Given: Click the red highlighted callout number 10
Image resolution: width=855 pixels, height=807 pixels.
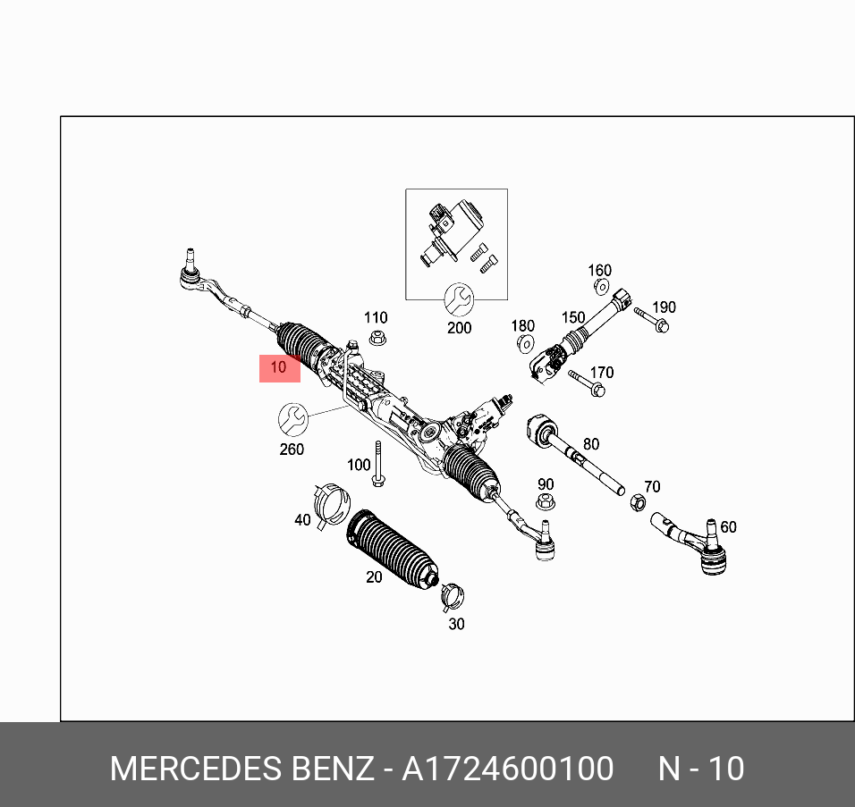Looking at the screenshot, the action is coord(279,367).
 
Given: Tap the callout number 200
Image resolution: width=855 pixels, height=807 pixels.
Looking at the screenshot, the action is coord(459,328).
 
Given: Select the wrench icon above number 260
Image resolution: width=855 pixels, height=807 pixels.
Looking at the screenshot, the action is coord(292,417).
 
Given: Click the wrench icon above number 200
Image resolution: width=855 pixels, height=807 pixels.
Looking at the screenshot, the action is coord(459,298).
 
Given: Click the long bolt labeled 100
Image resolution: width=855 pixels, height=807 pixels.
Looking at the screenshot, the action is coord(379,465).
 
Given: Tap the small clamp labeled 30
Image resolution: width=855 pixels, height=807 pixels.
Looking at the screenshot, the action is coord(452,593).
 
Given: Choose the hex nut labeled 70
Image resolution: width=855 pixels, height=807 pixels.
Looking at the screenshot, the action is coord(638,502).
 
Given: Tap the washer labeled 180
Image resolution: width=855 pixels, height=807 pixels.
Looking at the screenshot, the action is coord(526,344).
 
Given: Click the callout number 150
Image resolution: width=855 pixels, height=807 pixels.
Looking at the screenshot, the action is coord(573,318).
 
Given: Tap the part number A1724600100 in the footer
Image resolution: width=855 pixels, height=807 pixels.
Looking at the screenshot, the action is coord(508,769).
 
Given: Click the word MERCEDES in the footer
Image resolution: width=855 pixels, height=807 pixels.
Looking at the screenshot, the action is coord(197,769).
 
